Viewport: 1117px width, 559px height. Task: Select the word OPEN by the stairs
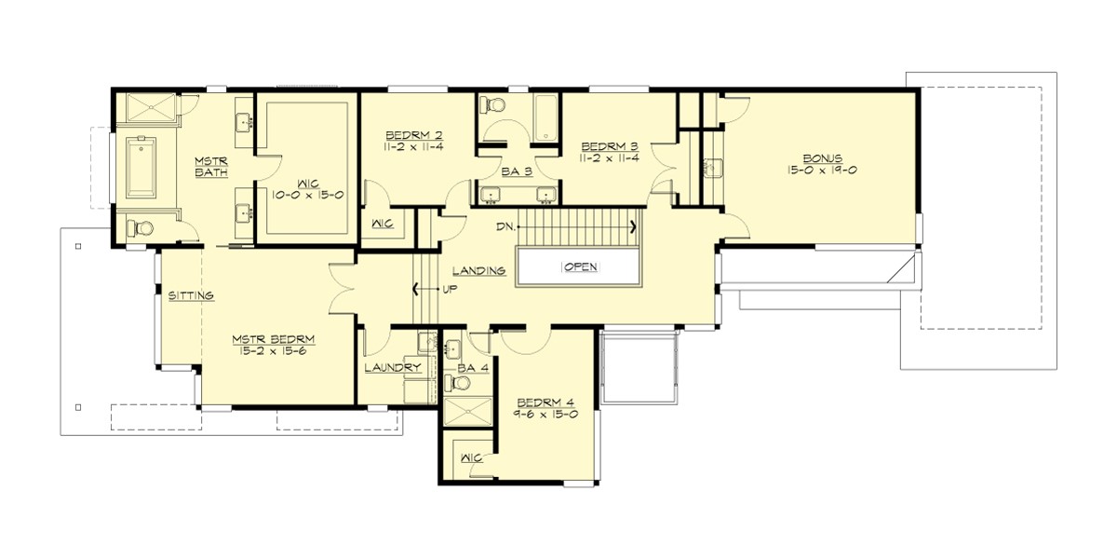click(x=579, y=267)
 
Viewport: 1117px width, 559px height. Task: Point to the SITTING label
click(x=192, y=295)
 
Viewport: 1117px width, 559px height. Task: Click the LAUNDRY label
click(x=393, y=368)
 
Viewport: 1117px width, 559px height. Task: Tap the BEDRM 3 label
click(x=610, y=146)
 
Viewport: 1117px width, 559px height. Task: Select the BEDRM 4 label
click(x=545, y=402)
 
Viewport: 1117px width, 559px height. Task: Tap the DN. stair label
click(x=506, y=225)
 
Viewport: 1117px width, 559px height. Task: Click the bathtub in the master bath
click(x=140, y=168)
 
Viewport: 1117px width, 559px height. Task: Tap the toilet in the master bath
click(x=140, y=227)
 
